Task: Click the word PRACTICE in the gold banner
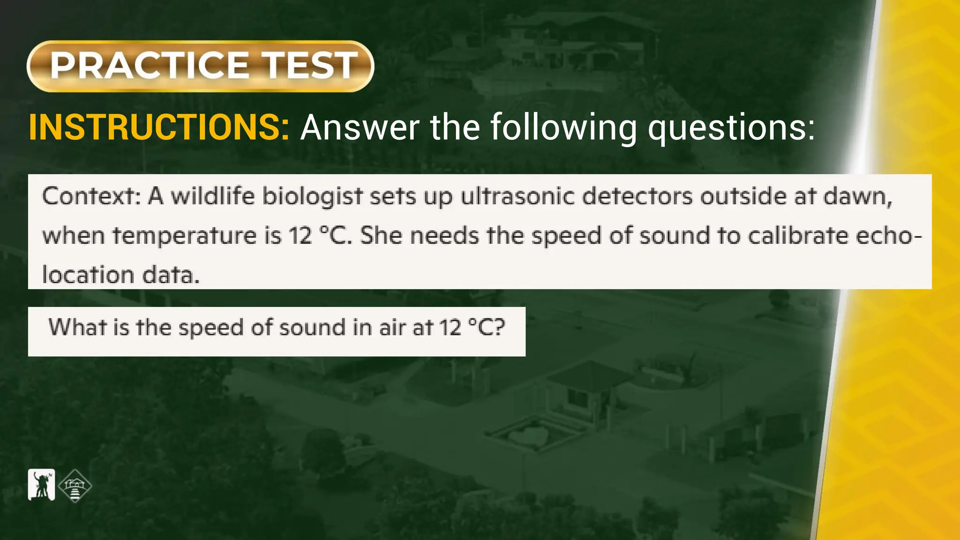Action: (x=149, y=66)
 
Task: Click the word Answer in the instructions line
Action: (x=360, y=127)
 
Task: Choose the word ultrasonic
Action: (x=517, y=196)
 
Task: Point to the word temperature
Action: (x=184, y=236)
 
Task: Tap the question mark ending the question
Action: (x=499, y=327)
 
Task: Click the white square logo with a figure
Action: (x=42, y=485)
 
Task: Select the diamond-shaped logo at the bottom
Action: (x=75, y=486)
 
